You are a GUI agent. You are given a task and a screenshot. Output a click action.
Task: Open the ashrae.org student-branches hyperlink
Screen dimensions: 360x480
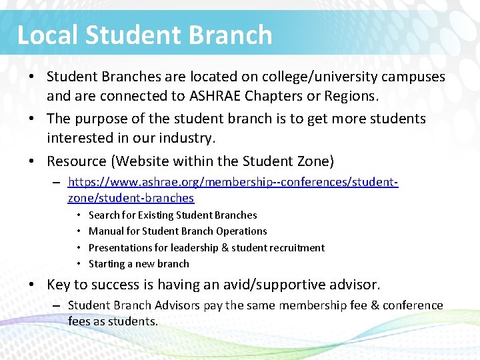tap(233, 182)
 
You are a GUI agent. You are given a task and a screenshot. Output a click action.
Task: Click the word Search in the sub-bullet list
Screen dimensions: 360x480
tap(104, 215)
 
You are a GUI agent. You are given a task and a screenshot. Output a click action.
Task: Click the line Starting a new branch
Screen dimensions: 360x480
tap(139, 263)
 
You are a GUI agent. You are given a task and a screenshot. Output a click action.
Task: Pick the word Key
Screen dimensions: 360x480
tap(59, 285)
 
